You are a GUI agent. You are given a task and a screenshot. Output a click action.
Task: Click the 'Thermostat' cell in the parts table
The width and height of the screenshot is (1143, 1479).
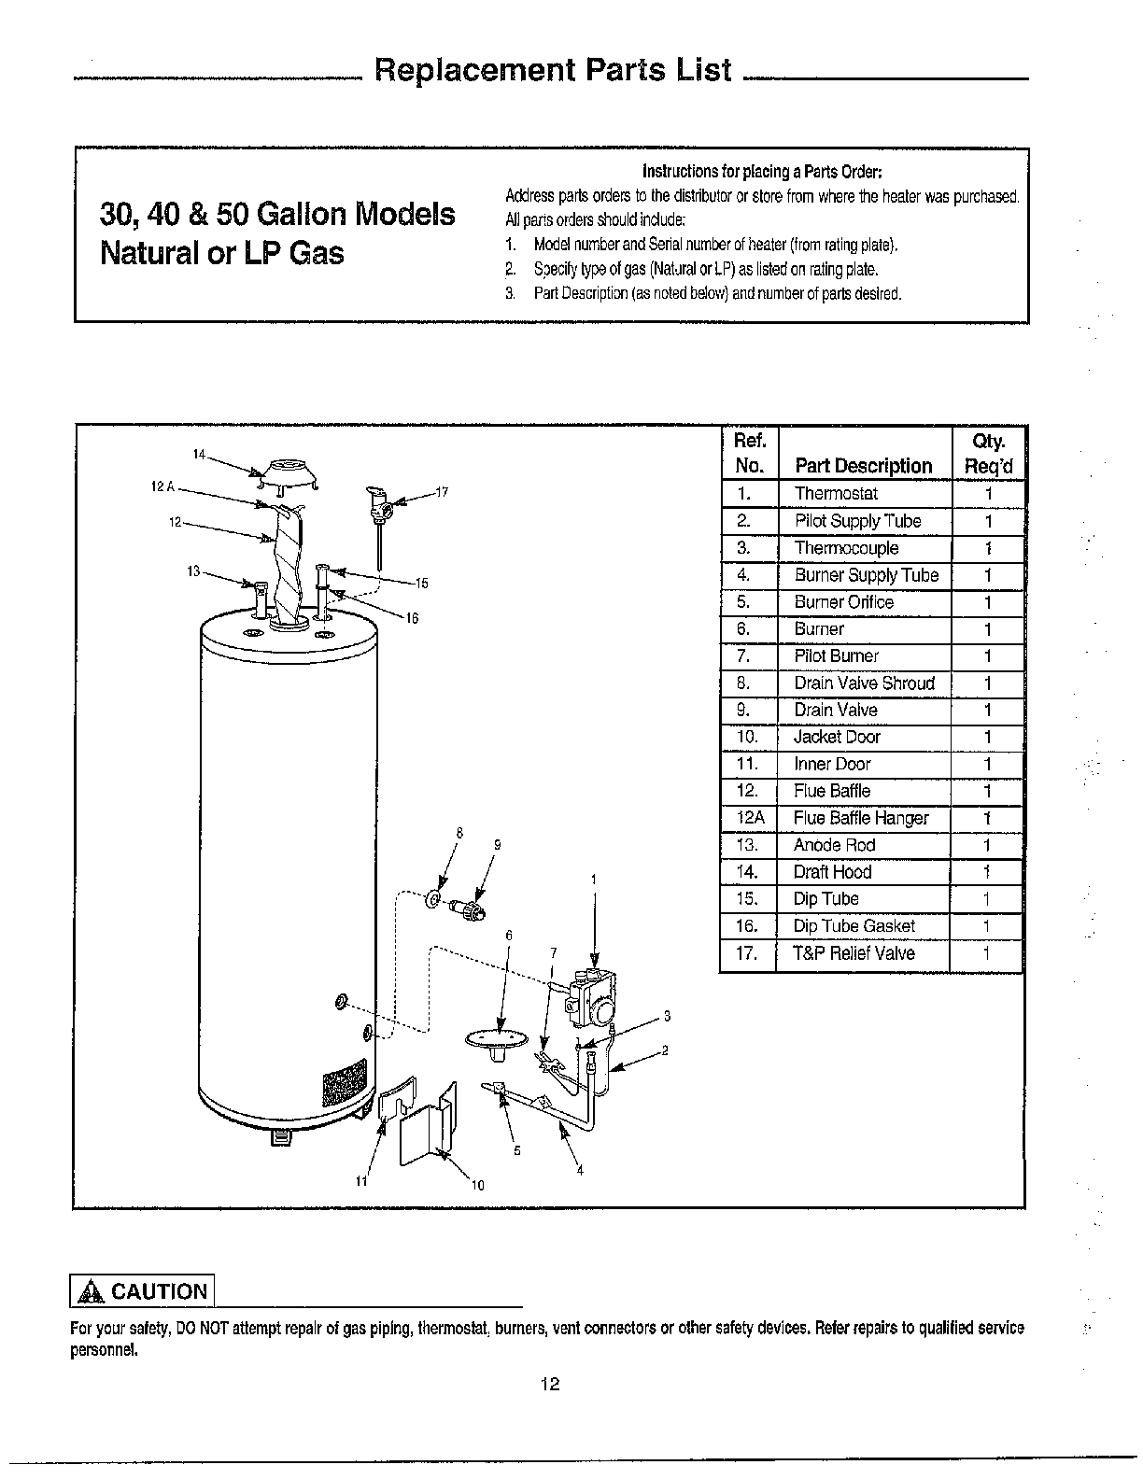click(x=836, y=494)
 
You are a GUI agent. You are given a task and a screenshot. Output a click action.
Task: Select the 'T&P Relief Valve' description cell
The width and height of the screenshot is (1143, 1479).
click(x=854, y=953)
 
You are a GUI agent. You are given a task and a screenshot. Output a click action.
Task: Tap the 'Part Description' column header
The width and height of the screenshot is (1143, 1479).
click(x=863, y=466)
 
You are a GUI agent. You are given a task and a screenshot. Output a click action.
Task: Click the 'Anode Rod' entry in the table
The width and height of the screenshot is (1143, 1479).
click(x=834, y=845)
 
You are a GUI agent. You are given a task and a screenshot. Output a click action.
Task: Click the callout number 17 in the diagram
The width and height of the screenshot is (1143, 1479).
click(x=443, y=492)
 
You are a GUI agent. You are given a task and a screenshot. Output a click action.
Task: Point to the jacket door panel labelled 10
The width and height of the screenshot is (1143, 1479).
click(x=427, y=1131)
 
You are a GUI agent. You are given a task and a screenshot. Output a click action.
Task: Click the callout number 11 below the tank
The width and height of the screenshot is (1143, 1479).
click(x=360, y=1181)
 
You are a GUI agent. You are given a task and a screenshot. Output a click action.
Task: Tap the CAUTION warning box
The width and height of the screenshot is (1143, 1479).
click(x=143, y=1291)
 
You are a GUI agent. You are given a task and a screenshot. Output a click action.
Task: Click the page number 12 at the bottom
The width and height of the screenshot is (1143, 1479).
click(x=549, y=1383)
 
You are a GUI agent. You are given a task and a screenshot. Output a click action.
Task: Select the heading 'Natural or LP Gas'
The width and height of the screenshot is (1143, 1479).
click(x=222, y=253)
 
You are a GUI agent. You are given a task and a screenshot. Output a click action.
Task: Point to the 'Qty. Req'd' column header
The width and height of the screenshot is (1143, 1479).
click(x=988, y=454)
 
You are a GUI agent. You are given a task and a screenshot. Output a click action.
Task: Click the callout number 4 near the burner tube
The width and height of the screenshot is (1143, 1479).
click(x=580, y=1172)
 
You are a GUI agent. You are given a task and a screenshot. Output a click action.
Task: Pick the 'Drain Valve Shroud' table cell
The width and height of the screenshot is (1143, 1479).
click(x=864, y=683)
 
